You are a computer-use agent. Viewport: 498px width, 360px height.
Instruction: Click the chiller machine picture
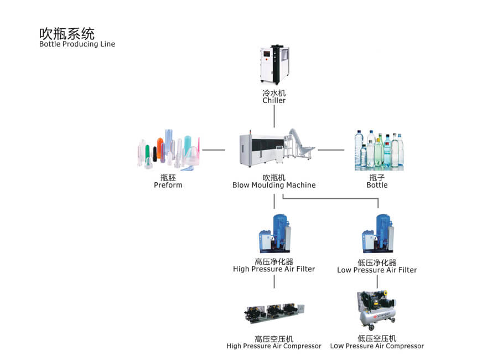click(274, 65)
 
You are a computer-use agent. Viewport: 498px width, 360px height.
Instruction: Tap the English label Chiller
click(274, 101)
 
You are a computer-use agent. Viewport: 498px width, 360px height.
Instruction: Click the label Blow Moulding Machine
click(274, 185)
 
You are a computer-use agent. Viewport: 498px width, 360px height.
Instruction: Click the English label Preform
click(168, 185)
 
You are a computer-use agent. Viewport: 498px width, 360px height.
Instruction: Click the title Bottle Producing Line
click(77, 44)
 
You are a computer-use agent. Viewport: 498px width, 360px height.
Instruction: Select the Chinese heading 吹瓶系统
click(66, 32)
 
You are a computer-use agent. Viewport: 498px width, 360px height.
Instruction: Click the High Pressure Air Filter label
click(274, 269)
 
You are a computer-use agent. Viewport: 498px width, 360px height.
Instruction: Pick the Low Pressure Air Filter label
click(377, 270)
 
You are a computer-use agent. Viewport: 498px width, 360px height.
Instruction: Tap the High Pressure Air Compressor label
click(274, 346)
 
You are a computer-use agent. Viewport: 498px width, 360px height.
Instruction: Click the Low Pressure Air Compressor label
click(377, 346)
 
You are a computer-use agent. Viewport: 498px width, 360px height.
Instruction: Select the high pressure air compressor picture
click(274, 313)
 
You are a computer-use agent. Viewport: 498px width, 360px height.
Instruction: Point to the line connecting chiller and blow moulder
click(274, 116)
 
